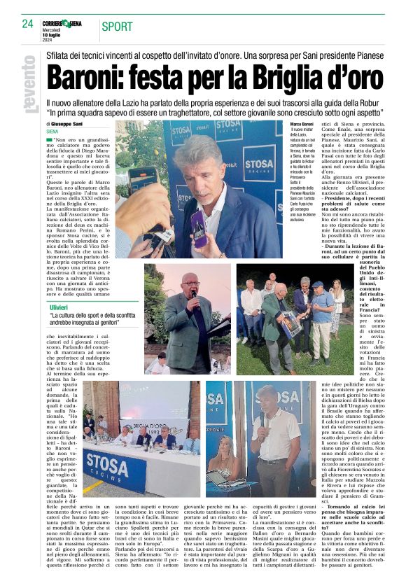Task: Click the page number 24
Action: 27,23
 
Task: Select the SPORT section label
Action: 117,27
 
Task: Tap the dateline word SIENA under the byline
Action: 52,131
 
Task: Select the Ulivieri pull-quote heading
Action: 59,307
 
